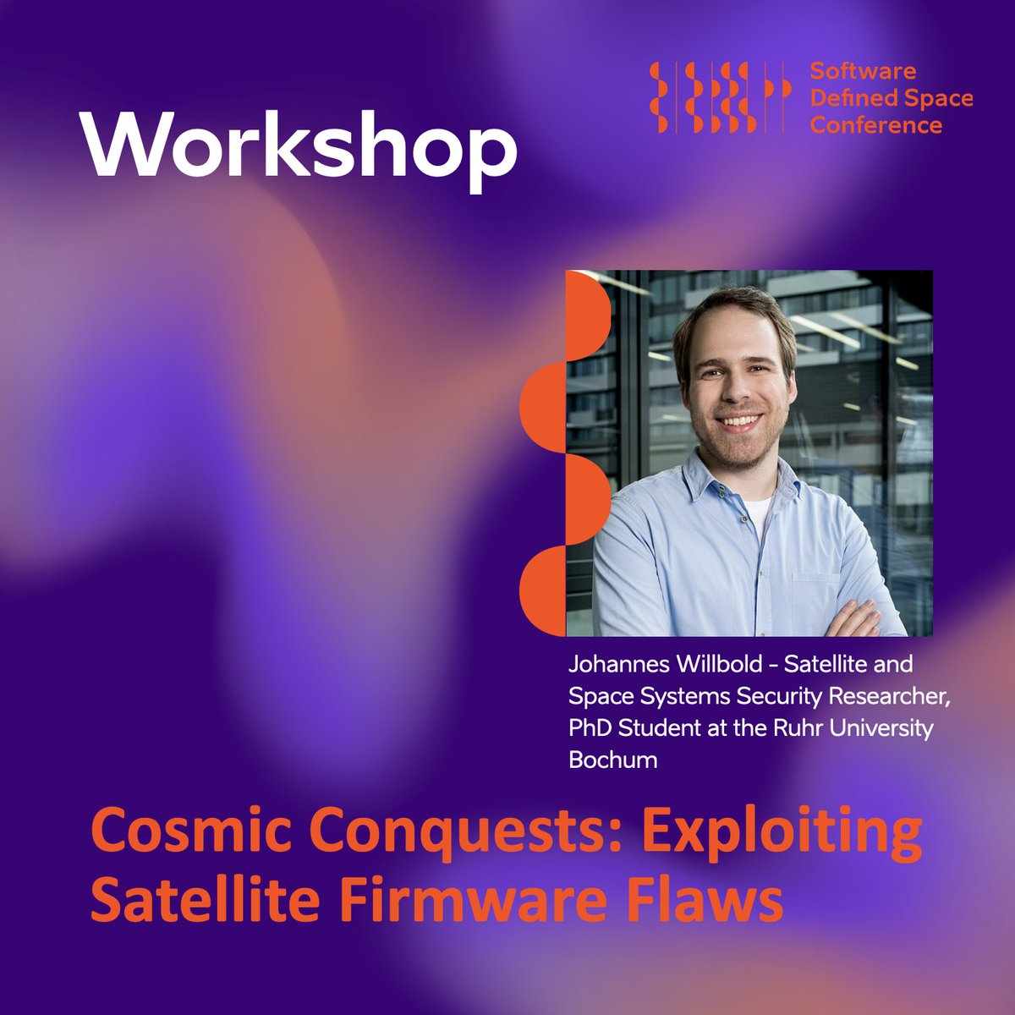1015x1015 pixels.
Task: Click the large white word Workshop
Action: (298, 145)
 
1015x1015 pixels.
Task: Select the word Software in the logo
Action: (863, 71)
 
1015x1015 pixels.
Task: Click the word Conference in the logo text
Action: (875, 125)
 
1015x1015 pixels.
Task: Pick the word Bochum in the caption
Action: (612, 760)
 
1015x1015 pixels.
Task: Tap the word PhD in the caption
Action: (588, 727)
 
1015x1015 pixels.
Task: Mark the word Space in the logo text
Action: (938, 98)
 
